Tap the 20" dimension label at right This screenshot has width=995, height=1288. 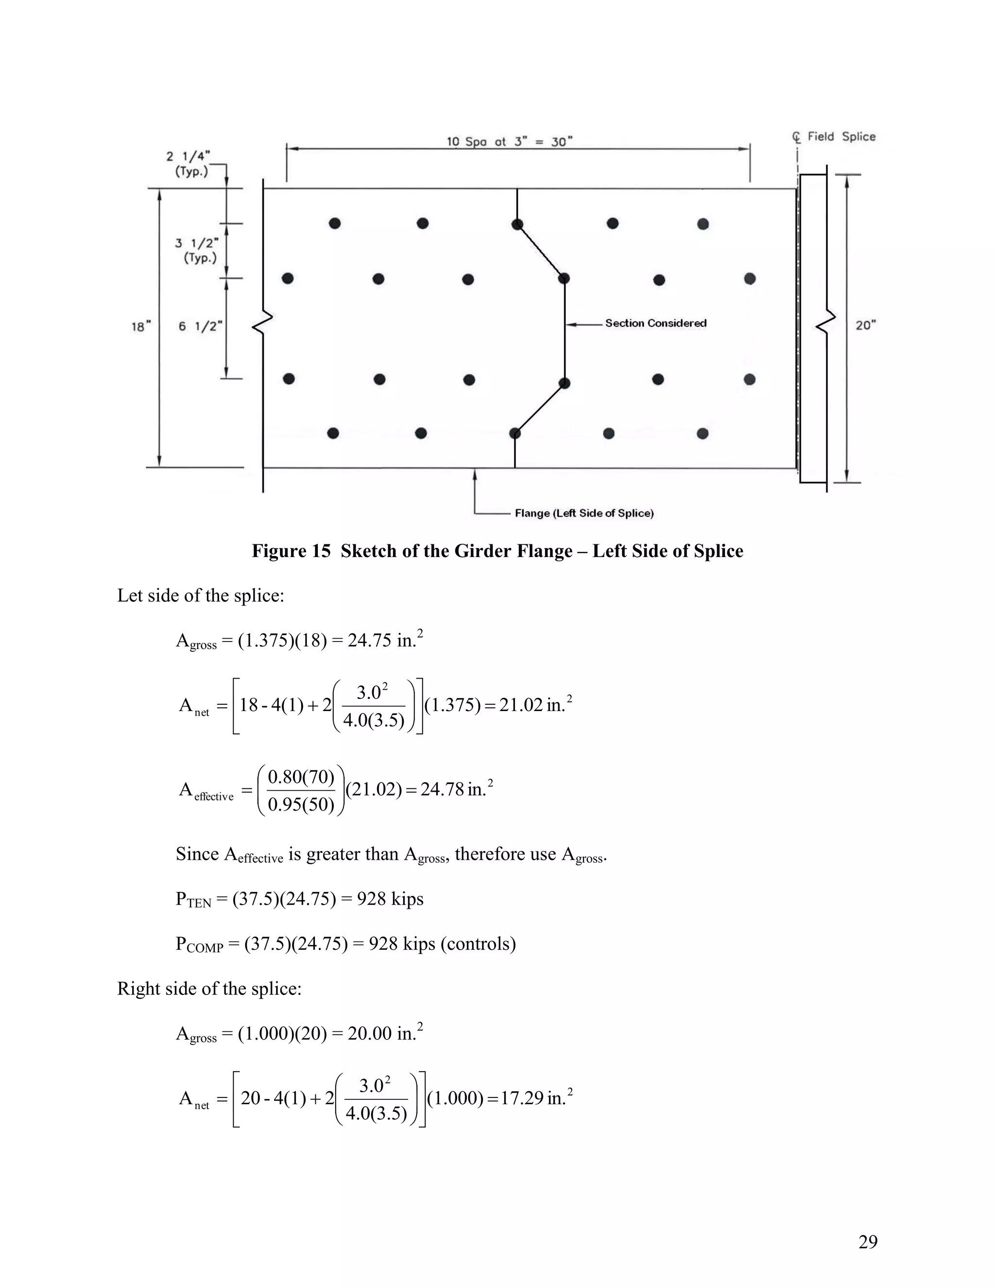865,325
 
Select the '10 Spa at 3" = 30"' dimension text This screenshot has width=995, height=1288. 509,141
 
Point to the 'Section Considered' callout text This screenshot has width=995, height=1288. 655,323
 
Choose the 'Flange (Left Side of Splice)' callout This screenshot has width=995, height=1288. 584,513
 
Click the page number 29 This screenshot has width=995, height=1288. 868,1241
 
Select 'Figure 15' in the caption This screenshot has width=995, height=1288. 291,551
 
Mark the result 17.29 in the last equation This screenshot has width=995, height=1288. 522,1098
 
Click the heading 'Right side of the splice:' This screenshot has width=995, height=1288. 209,989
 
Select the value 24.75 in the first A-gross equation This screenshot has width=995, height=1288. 370,641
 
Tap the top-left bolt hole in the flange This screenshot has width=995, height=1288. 335,224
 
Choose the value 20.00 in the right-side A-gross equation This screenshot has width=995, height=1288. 370,1033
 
